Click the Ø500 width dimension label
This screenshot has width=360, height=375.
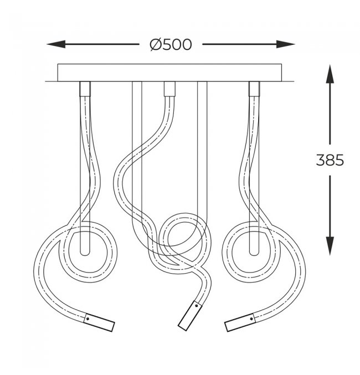[x=171, y=44]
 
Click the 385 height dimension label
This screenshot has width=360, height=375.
[x=330, y=160]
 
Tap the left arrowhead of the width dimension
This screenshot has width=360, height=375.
[x=56, y=44]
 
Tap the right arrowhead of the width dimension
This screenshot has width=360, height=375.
[x=286, y=44]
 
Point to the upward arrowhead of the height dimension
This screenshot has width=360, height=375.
[x=330, y=74]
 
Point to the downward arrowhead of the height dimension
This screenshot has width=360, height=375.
[x=330, y=246]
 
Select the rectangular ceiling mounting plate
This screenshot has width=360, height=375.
[x=169, y=73]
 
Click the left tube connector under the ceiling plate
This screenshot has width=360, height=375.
[x=85, y=89]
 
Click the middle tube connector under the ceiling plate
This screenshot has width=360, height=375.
[x=169, y=89]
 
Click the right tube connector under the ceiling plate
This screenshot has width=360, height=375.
[x=254, y=89]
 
